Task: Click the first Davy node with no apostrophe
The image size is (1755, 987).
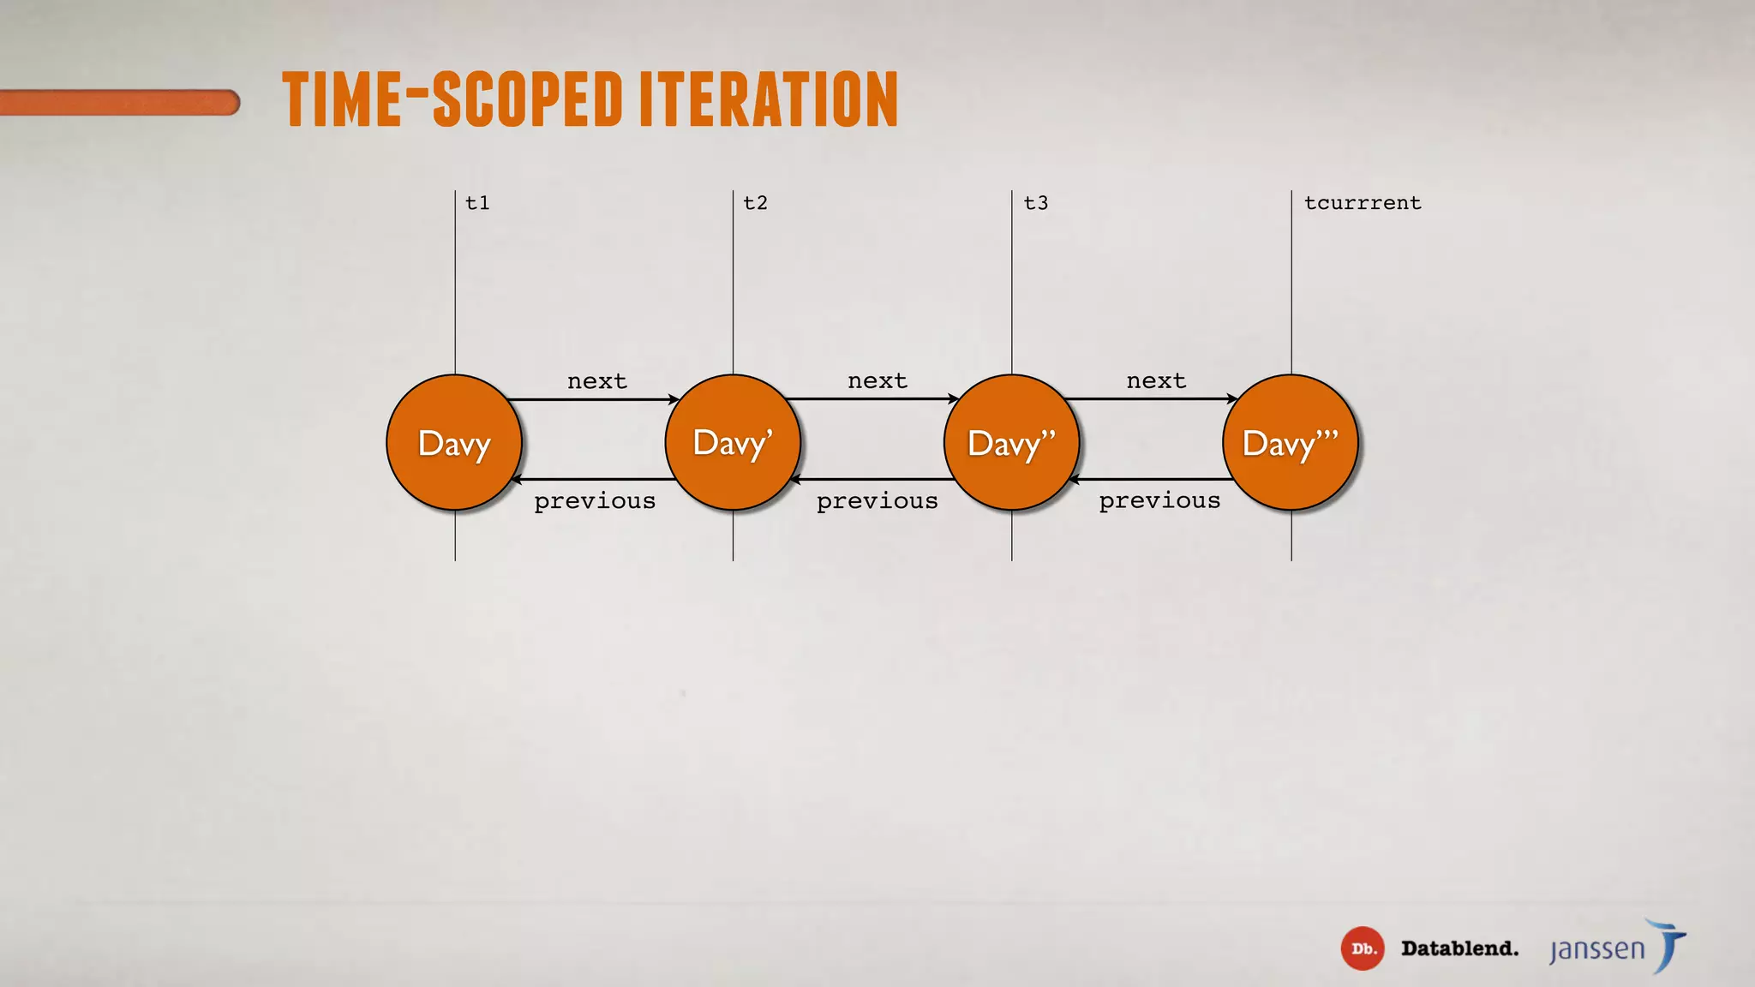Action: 454,443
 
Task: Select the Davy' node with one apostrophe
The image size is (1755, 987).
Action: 733,443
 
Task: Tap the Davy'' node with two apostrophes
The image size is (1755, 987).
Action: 1011,443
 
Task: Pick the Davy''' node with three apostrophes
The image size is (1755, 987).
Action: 1291,443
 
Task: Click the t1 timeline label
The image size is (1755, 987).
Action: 477,203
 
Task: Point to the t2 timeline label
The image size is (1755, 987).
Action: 755,203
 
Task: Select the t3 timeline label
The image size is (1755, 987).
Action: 1035,203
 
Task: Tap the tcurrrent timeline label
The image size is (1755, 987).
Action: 1363,203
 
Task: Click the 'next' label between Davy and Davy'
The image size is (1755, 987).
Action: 597,381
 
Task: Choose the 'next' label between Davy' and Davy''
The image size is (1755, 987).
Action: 877,380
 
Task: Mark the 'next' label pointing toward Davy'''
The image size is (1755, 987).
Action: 1156,380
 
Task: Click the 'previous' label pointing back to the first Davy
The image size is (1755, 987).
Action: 595,501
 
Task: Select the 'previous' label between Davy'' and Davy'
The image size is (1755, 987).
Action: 877,501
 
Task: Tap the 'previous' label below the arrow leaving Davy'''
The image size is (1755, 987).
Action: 1159,500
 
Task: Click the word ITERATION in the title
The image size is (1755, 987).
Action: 769,99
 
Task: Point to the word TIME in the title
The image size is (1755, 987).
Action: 342,99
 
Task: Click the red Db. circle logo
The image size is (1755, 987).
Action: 1363,948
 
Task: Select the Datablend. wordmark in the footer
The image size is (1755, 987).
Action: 1459,948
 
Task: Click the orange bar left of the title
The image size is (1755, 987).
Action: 120,103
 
